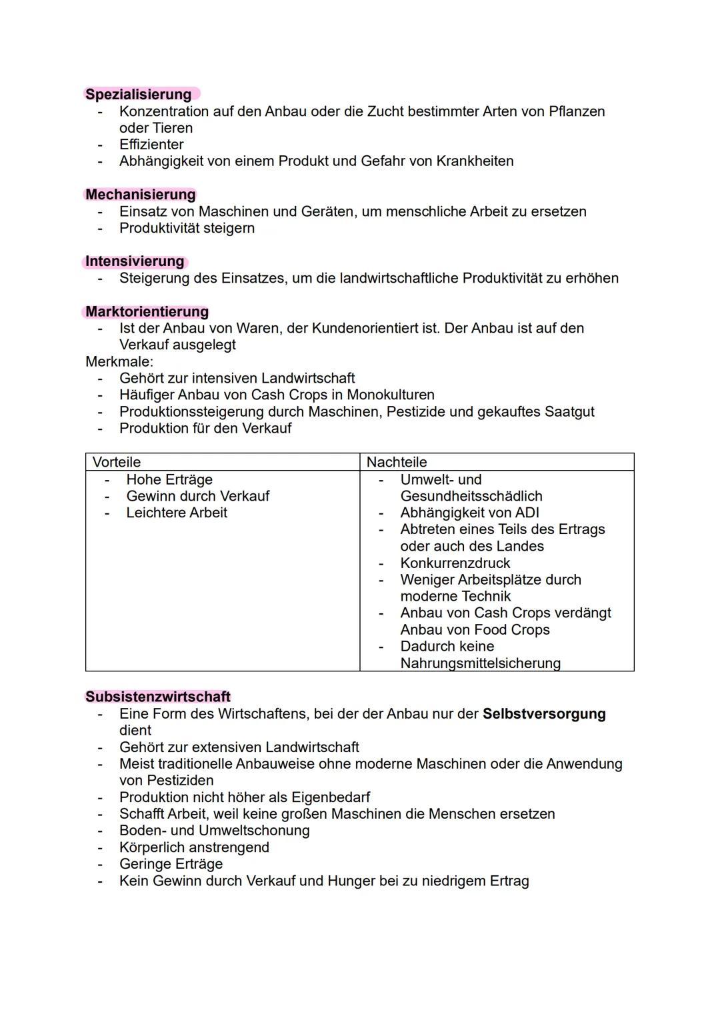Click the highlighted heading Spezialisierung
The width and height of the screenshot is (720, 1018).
(139, 95)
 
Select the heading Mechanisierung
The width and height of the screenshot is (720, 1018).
(141, 195)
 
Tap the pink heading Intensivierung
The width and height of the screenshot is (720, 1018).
(135, 261)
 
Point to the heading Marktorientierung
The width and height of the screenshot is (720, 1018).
(147, 311)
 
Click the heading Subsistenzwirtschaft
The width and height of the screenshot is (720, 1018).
(158, 697)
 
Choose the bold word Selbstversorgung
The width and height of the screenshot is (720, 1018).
(544, 714)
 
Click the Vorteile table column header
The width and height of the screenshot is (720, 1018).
(117, 462)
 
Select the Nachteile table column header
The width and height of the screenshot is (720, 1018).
(397, 462)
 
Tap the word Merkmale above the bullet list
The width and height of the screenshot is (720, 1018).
(119, 361)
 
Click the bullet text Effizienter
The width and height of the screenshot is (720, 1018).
(151, 145)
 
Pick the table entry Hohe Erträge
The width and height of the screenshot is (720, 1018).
(169, 479)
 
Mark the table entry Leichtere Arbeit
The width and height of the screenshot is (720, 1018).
(177, 513)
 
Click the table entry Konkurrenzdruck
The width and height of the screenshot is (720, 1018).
(455, 563)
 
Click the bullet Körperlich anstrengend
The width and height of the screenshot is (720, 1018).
(194, 847)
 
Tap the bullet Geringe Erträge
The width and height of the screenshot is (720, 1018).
(171, 864)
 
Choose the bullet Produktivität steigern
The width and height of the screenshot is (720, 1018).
(187, 228)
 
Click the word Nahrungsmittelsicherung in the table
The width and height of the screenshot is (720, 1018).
(480, 663)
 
